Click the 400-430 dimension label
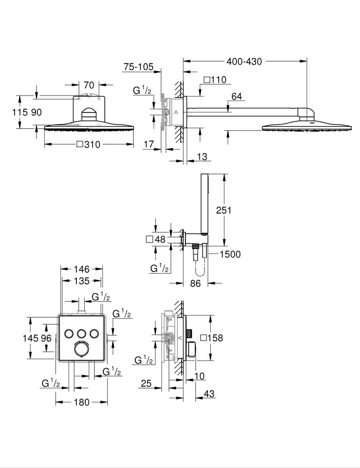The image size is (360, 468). (244, 61)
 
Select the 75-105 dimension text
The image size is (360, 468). (138, 67)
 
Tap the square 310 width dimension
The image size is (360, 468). (88, 145)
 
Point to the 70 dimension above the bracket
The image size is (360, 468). (89, 85)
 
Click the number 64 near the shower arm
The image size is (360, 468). (237, 97)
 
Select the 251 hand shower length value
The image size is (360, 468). (223, 210)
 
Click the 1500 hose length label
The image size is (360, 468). (230, 254)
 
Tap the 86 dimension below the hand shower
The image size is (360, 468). (196, 283)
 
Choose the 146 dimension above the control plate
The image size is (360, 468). (81, 269)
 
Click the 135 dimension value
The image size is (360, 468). (81, 281)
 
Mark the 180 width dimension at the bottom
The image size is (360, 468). (81, 401)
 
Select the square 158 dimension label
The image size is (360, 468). (212, 337)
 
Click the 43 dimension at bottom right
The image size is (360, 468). (209, 394)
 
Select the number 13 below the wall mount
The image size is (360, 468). (202, 157)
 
